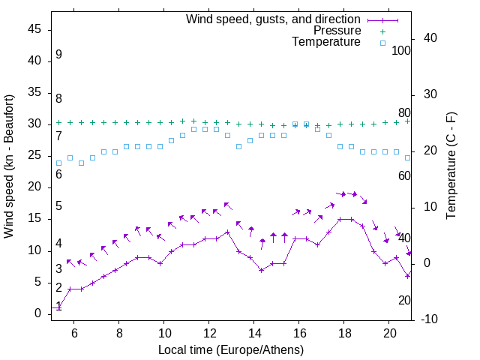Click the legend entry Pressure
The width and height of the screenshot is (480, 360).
337,31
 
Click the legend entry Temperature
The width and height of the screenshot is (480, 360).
326,43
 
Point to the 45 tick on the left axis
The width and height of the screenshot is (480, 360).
34,29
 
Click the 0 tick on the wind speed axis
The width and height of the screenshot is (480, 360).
38,313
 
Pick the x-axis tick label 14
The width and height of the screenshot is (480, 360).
253,332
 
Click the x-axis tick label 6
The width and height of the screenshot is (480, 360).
73,332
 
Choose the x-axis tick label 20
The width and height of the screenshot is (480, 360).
388,332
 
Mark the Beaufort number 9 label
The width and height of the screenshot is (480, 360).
58,55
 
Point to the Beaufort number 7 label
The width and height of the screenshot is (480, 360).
58,136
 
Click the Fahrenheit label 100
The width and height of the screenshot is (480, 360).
401,50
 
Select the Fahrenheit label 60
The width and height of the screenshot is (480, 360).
404,175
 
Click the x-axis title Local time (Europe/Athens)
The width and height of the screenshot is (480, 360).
231,349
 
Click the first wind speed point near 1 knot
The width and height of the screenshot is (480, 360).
58,307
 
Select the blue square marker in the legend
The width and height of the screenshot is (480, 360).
382,43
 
